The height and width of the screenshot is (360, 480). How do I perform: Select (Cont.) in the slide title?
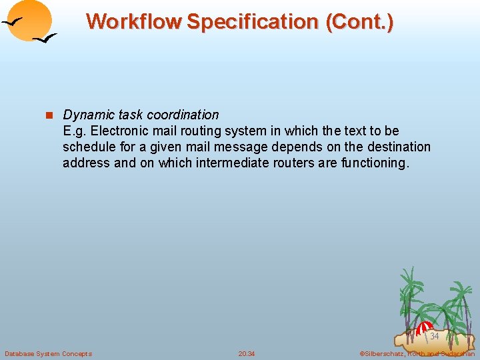[359, 21]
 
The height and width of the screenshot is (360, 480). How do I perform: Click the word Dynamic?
[86, 115]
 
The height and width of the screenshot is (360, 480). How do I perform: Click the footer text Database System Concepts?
[48, 353]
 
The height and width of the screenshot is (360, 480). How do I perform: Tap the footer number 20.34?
[247, 353]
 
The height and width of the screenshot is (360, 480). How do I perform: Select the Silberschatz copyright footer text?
[417, 353]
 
